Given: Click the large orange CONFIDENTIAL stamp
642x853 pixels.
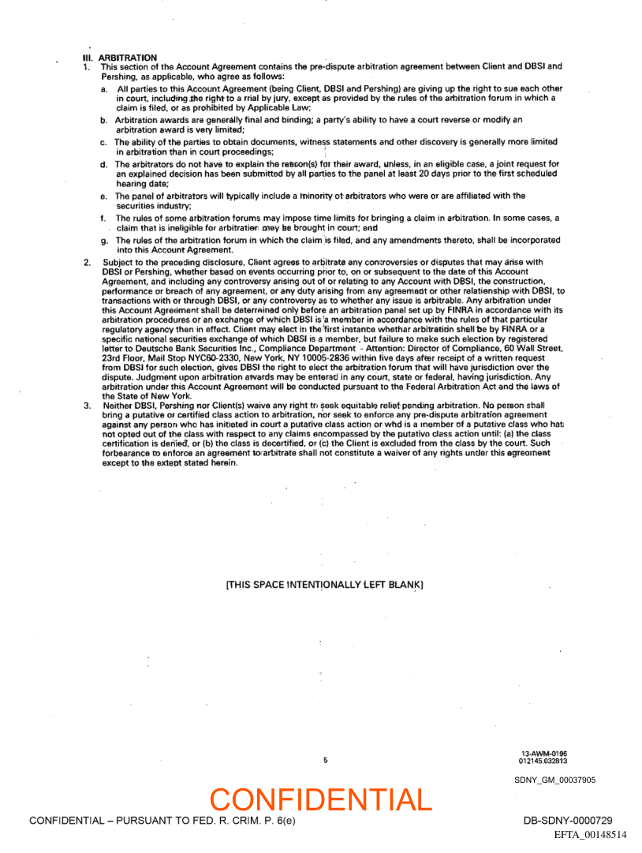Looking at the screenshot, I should [321, 799].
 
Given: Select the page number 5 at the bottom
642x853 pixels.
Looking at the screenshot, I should [325, 761].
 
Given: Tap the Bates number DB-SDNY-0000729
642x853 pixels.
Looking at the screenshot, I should [568, 821].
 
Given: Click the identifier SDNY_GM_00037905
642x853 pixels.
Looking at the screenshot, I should [555, 780].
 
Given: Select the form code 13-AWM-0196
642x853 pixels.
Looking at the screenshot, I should [544, 754].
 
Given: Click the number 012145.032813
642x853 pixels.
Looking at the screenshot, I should [543, 761].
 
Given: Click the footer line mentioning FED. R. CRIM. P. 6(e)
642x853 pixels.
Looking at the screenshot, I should [162, 821].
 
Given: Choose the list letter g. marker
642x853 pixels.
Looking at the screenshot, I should [104, 240].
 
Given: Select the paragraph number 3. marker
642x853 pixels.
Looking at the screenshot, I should [87, 404].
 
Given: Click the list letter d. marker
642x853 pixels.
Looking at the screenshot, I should [104, 164].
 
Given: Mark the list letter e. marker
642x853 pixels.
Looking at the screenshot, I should [103, 196].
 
